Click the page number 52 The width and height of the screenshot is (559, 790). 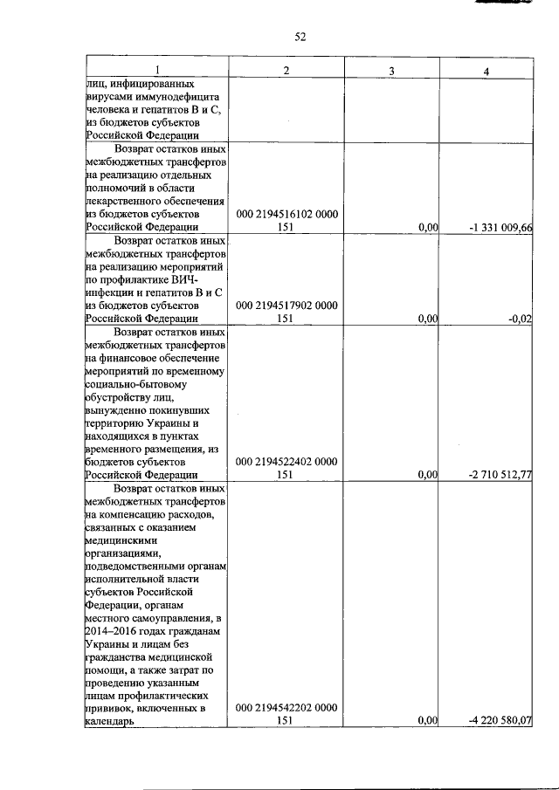[300, 36]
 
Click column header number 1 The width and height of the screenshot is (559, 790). [157, 69]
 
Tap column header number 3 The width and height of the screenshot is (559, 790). [392, 69]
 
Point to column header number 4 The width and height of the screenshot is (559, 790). [487, 69]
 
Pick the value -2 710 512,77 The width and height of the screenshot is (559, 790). [500, 475]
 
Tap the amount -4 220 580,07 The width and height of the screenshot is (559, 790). [500, 722]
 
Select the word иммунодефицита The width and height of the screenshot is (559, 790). [177, 97]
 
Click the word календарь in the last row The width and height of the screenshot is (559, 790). [110, 722]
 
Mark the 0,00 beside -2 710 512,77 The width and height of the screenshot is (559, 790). [427, 475]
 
